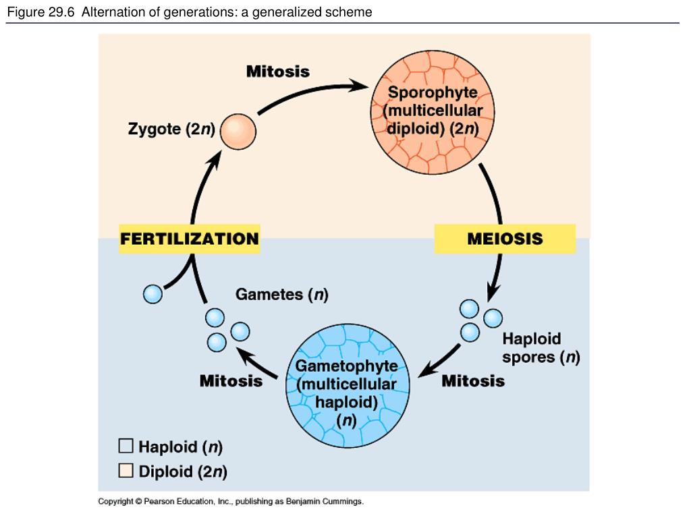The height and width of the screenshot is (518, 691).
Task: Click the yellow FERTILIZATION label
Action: coord(190,239)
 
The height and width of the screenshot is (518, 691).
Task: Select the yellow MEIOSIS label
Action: coord(505,239)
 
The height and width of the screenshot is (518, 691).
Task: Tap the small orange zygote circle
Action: coord(238,132)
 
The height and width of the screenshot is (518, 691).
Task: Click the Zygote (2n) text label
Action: coord(171,129)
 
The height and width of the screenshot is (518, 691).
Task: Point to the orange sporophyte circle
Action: coord(433,113)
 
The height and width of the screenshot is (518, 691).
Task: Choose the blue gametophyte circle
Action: coord(348,386)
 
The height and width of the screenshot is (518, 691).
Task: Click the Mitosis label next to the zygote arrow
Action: coord(278,71)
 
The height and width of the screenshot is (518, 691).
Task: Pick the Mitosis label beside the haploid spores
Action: coord(473,380)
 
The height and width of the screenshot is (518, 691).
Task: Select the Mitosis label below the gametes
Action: coord(231,380)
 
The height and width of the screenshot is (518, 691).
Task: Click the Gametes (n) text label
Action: coord(282,294)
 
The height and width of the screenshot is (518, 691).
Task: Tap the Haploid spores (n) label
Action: coord(541,347)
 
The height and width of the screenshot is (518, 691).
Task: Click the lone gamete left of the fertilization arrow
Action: coord(153,294)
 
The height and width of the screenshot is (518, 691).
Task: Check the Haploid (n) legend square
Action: coord(126,446)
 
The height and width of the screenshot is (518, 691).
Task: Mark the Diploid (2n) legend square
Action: coord(126,470)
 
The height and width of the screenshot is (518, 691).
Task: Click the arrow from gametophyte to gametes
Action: coord(257,362)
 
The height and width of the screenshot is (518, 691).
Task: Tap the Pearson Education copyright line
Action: coord(231,501)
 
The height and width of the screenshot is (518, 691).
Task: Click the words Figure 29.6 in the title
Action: coord(41,12)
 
